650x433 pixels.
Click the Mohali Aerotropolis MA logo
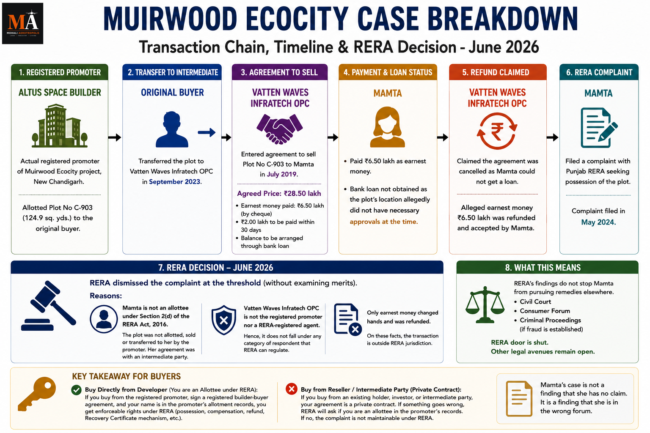click(22, 24)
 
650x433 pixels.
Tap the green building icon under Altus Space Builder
click(60, 126)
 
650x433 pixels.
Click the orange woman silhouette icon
click(387, 127)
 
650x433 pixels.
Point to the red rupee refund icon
click(497, 131)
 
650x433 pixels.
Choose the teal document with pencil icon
click(599, 128)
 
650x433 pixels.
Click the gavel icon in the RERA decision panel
click(49, 306)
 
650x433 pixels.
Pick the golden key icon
click(37, 394)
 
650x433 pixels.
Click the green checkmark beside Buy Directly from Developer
click(76, 390)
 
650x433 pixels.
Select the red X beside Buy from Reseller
click(291, 389)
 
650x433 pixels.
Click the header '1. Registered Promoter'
click(60, 72)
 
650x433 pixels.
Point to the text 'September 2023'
click(175, 181)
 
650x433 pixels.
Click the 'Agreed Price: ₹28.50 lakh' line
click(279, 193)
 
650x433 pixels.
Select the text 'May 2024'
click(598, 222)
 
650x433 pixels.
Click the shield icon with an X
click(224, 320)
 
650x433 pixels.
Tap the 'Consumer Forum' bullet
click(545, 311)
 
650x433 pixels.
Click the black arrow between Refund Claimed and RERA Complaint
click(552, 137)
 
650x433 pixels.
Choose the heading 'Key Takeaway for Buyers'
click(126, 376)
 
